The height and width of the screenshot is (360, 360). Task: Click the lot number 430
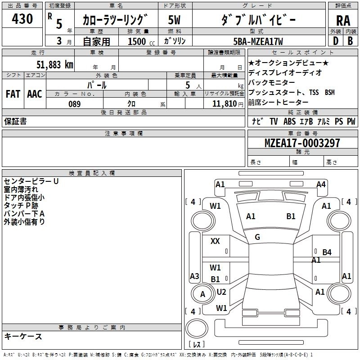coord(22,18)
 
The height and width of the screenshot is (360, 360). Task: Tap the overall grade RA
coord(343,21)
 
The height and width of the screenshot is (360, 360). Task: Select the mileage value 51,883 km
coord(55,64)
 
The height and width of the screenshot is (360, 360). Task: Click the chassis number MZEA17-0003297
coord(302,143)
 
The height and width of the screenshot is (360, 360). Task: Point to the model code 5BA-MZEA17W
coord(258,41)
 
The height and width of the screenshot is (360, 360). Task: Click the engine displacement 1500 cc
coord(141,41)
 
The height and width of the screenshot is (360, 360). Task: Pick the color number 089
coord(74,104)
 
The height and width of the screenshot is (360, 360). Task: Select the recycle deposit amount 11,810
coord(225,104)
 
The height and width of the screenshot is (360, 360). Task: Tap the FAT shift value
coord(13,94)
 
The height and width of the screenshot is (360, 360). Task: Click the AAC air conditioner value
coord(35,94)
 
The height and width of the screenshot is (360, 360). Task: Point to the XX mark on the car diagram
coord(215,241)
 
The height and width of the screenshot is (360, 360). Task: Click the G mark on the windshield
coord(257,237)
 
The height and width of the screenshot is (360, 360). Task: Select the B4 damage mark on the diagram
coord(327,252)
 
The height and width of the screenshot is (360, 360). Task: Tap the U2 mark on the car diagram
coord(221,292)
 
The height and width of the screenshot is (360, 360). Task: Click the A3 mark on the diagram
coord(194,276)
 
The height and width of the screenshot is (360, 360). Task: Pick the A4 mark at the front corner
coord(321,184)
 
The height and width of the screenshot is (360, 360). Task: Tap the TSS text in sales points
coord(314,92)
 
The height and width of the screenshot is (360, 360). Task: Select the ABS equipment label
coord(289,121)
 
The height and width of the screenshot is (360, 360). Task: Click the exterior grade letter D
coord(336,41)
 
